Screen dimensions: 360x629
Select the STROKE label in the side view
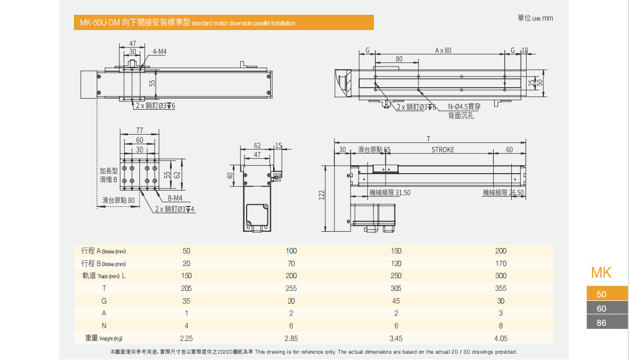tap(443, 149)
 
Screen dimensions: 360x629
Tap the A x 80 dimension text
tap(444, 51)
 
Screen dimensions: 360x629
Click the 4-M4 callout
tap(159, 52)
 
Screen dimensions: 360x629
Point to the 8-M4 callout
tap(175, 198)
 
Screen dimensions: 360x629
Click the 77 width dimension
tap(139, 130)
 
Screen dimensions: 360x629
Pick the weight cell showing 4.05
tap(501, 338)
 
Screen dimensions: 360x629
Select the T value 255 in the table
tap(291, 288)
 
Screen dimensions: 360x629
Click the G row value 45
tap(396, 301)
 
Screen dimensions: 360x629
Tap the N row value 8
tap(501, 326)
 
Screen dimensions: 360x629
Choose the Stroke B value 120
tap(396, 263)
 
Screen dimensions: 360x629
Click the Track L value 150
tap(186, 276)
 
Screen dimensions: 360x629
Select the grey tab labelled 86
tap(602, 323)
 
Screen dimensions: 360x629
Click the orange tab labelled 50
tap(602, 294)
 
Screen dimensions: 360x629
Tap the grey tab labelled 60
tap(602, 308)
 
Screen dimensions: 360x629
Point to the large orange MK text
tap(601, 272)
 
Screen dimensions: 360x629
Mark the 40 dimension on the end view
tap(230, 176)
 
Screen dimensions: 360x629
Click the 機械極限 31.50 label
tap(390, 193)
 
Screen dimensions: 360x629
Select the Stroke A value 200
tap(501, 251)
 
